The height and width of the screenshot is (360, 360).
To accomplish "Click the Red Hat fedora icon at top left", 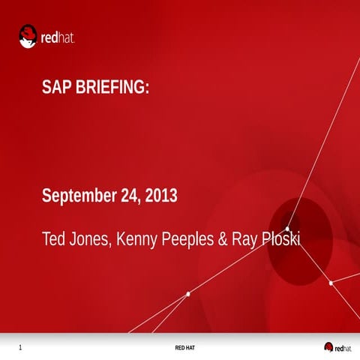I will click(x=28, y=35).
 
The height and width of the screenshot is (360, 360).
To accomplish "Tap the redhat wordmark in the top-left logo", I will click(x=58, y=37).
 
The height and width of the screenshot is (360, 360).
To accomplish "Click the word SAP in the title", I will click(x=57, y=88).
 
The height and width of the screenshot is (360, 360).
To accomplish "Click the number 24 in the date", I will click(x=129, y=196).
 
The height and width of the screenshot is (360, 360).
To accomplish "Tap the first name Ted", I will click(x=53, y=240).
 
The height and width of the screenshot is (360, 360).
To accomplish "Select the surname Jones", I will click(x=90, y=240).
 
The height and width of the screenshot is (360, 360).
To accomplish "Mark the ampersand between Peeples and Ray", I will click(x=222, y=240).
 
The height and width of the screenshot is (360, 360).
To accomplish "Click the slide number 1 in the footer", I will click(x=20, y=347).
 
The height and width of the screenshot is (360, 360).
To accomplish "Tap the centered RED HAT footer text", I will click(x=185, y=348).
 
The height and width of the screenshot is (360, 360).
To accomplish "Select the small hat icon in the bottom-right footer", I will click(x=328, y=346).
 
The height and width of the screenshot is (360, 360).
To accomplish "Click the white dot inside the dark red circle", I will click(x=286, y=228).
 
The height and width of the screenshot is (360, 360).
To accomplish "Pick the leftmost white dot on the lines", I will click(x=187, y=294).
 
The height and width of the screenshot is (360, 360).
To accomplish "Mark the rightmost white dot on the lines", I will click(x=331, y=283).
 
